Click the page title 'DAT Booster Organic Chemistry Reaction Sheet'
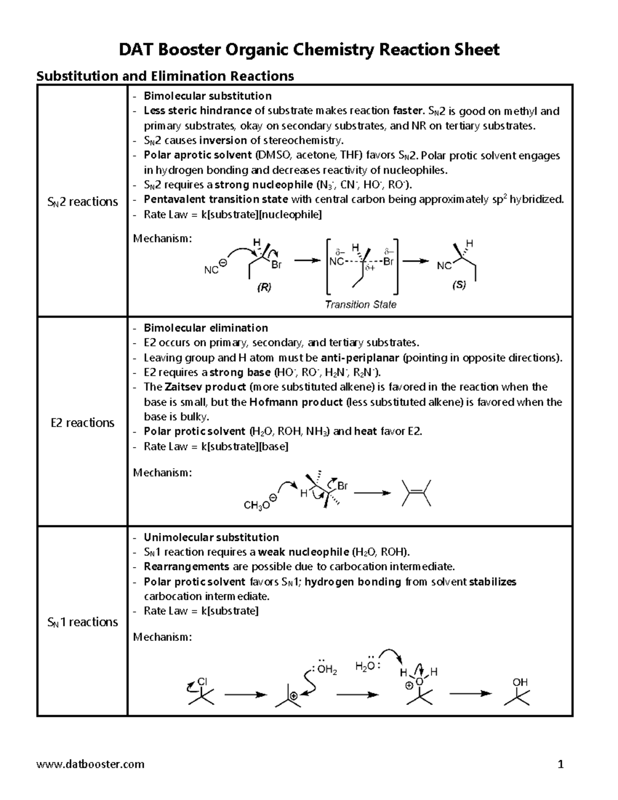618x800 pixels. pos(309,50)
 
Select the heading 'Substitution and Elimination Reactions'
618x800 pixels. pos(165,76)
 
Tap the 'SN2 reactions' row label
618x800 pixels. pos(82,201)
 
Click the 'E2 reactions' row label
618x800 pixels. pos(82,422)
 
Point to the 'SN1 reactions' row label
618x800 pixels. pos(82,622)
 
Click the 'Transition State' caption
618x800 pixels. pos(360,304)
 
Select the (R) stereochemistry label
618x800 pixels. pos(264,288)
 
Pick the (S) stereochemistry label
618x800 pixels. pos(459,285)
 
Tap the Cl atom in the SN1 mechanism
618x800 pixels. pos(202,681)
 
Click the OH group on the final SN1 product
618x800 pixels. pos(520,682)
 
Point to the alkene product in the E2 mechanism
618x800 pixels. pos(416,493)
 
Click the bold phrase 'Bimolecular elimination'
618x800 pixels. pos(205,328)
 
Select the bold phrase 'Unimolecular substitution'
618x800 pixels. pos(211,537)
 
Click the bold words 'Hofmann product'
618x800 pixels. pos(296,402)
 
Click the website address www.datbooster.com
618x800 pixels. pos(91,763)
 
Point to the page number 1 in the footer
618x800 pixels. pos(561,763)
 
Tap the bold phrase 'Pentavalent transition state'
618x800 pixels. pos(216,199)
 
